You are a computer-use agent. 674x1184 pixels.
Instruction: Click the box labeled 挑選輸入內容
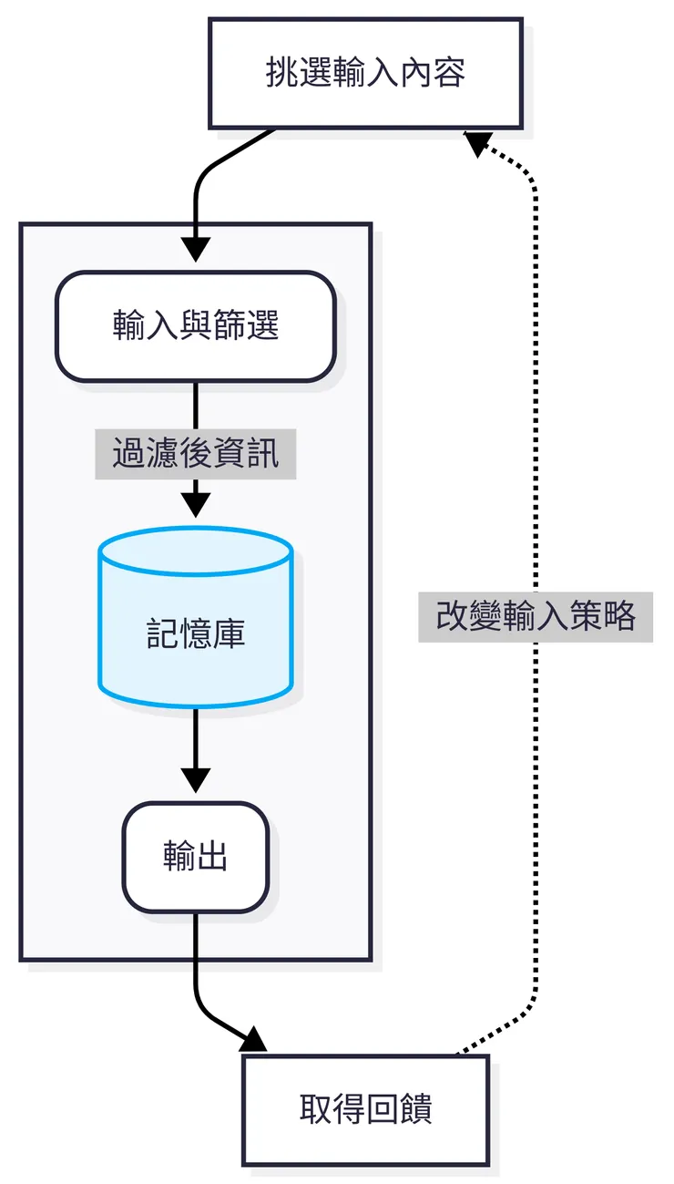point(365,73)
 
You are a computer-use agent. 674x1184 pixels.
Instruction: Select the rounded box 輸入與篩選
point(196,326)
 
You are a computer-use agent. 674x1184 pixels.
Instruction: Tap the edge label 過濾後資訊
point(196,453)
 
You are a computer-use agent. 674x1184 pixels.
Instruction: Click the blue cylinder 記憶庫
point(196,629)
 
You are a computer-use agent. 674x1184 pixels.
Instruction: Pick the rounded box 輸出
point(196,858)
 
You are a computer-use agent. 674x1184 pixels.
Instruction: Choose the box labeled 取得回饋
point(365,1110)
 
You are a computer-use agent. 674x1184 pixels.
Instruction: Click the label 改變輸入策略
point(536,617)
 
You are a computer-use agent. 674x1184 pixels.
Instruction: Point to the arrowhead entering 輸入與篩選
point(196,250)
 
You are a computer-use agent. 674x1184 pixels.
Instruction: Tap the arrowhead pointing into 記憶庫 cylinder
point(196,505)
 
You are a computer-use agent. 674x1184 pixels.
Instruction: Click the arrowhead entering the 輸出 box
point(196,780)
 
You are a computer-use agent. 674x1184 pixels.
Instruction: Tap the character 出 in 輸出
point(212,858)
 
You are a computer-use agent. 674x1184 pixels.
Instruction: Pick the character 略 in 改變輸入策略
point(619,617)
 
